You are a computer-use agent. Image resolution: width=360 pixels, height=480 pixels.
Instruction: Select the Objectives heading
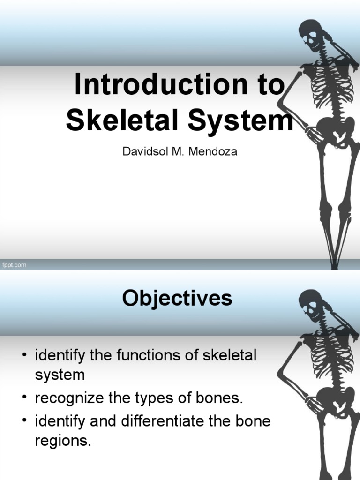tap(177, 298)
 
